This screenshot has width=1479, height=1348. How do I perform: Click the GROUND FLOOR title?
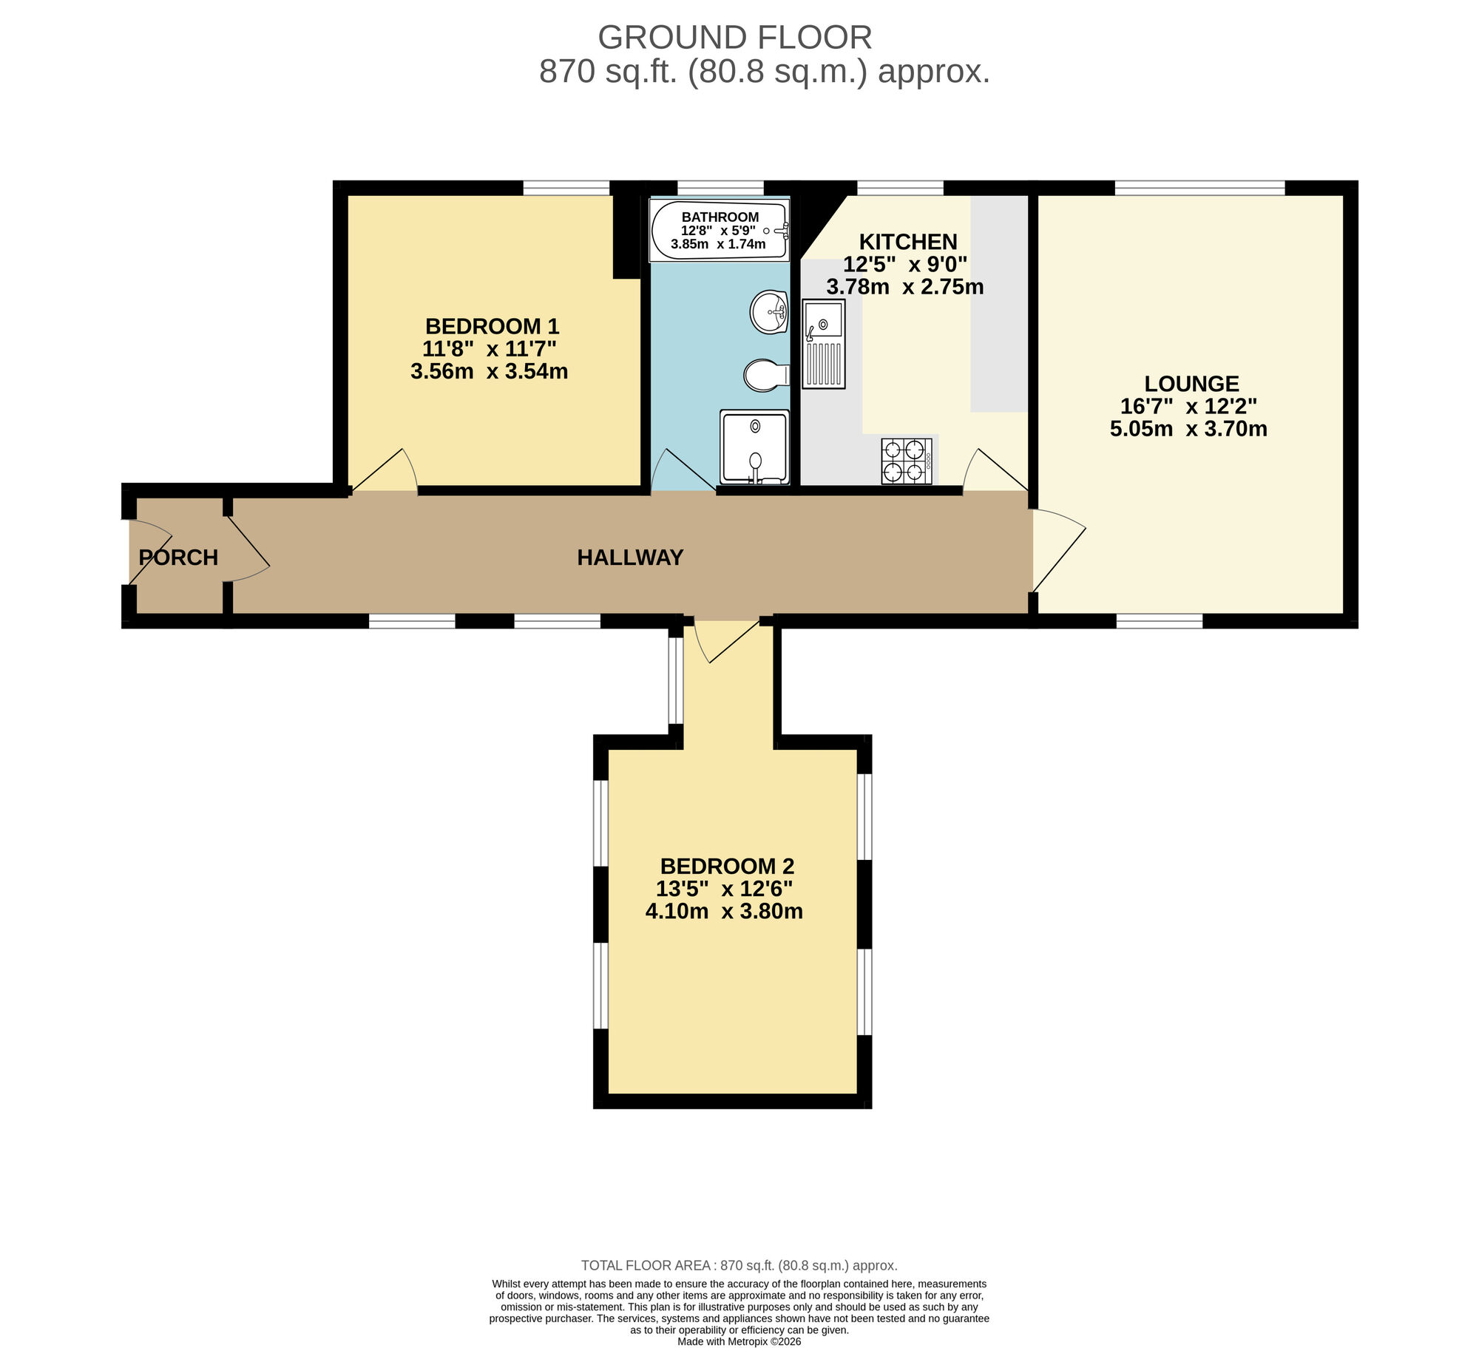coord(734,37)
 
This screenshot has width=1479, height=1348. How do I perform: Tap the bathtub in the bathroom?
coord(720,231)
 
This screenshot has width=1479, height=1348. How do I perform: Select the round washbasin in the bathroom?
coord(769,312)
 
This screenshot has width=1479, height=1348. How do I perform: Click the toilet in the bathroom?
coord(765,375)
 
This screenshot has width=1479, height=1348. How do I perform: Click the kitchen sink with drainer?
coord(824,344)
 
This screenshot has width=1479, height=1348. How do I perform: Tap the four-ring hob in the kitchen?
coord(906,461)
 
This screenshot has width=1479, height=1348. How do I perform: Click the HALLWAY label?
coord(630,558)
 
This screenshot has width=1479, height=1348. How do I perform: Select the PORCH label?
coord(178,558)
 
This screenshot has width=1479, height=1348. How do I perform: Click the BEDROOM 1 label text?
coord(492,326)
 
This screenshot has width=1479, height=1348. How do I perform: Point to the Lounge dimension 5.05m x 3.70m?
coord(1188,429)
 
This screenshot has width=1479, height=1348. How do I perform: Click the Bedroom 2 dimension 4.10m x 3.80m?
coord(724,911)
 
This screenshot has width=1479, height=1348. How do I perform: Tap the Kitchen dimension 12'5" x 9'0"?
coord(905,264)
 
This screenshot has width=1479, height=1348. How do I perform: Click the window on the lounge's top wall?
coord(1199,188)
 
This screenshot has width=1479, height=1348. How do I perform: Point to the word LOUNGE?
coord(1191,384)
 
